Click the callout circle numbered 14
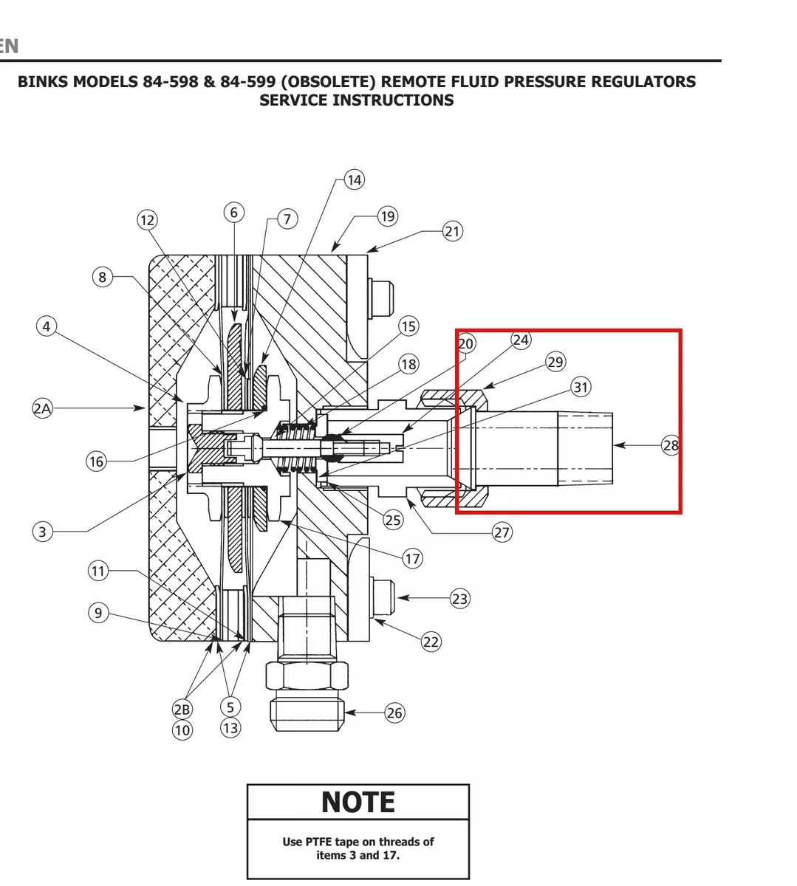[354, 179]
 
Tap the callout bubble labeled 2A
[42, 408]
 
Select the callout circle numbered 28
[671, 445]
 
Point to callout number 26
[394, 713]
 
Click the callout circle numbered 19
[388, 216]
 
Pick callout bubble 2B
[182, 710]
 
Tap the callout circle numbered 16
[96, 461]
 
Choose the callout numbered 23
[459, 599]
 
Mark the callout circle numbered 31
[581, 387]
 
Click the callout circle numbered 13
[230, 728]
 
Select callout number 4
[47, 326]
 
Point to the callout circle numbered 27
[502, 532]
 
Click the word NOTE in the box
[358, 802]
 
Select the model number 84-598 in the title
[171, 82]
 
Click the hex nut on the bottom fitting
[307, 676]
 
